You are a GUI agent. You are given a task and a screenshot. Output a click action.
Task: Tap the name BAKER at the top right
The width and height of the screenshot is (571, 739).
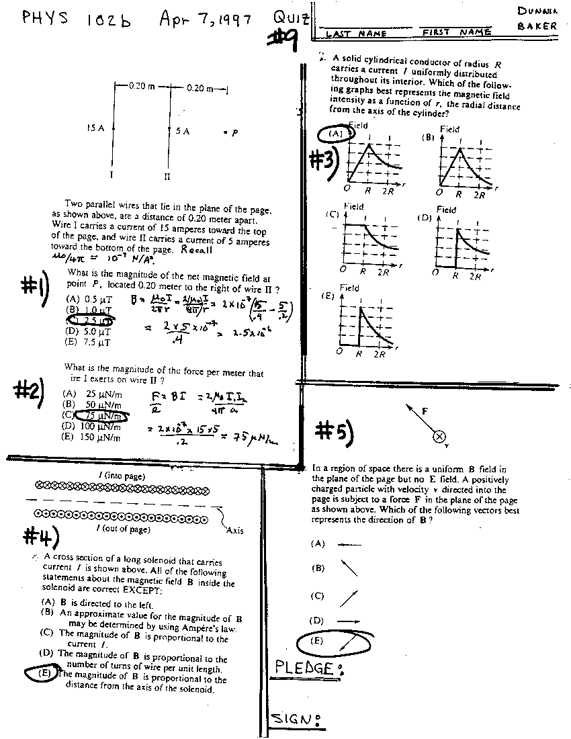pyautogui.click(x=537, y=26)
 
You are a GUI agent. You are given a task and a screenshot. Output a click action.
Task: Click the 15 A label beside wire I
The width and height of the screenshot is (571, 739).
pyautogui.click(x=95, y=128)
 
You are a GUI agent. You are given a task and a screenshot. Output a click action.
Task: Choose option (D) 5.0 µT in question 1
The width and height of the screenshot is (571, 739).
pyautogui.click(x=89, y=331)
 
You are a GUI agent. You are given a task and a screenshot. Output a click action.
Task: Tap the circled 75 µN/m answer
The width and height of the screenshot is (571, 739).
pyautogui.click(x=100, y=415)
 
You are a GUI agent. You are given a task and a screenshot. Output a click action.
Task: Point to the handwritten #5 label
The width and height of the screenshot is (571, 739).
pyautogui.click(x=334, y=432)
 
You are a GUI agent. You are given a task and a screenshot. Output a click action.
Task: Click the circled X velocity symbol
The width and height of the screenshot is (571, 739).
pyautogui.click(x=439, y=437)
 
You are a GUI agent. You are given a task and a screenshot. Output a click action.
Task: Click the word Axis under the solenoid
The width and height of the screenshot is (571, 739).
pyautogui.click(x=234, y=530)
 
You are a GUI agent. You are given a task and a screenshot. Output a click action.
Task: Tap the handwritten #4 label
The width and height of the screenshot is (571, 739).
pyautogui.click(x=40, y=535)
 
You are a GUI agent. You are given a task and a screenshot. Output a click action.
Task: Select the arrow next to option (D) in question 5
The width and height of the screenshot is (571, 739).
pyautogui.click(x=348, y=621)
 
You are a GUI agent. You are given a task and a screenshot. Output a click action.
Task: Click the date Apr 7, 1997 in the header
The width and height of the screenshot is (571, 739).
pyautogui.click(x=205, y=19)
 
